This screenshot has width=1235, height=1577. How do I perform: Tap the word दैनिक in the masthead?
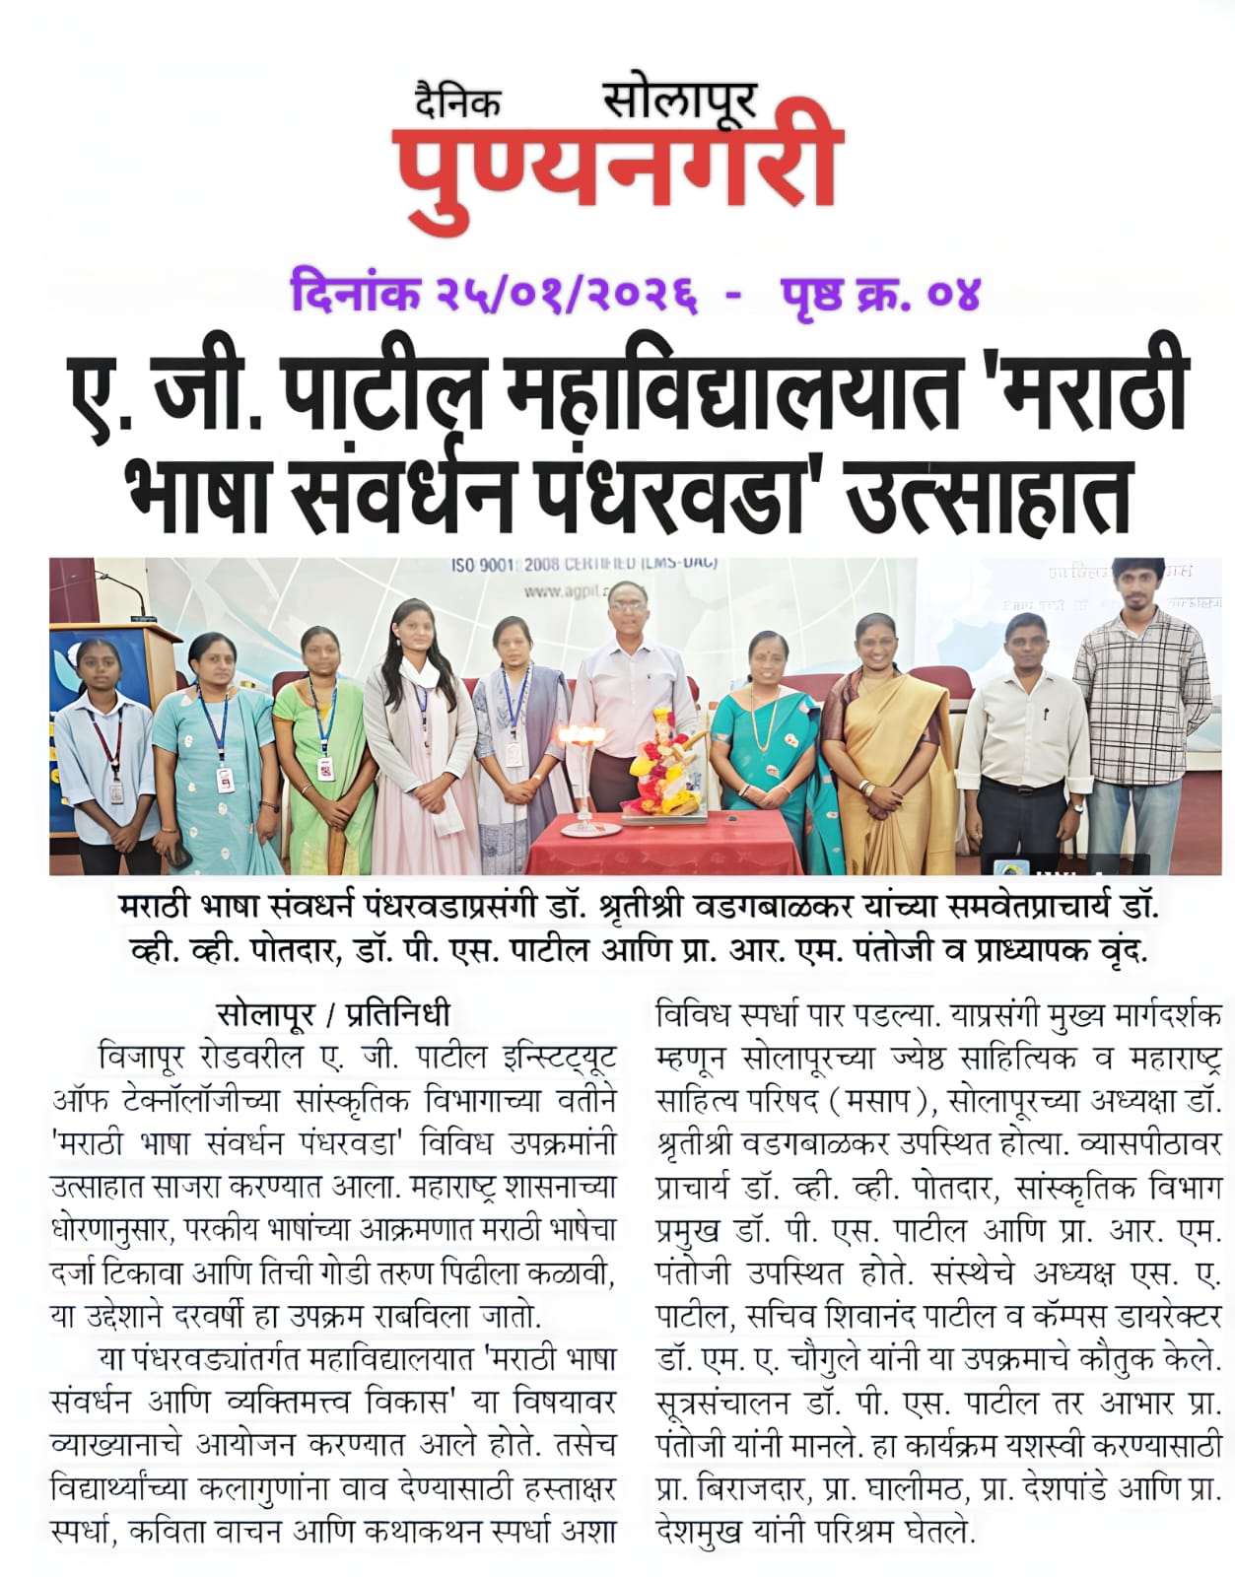[x=457, y=102]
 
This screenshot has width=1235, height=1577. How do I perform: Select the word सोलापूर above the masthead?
[x=679, y=100]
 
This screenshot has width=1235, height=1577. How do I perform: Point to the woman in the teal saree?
[x=766, y=749]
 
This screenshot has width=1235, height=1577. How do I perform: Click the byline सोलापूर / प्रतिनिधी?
[x=333, y=1013]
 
